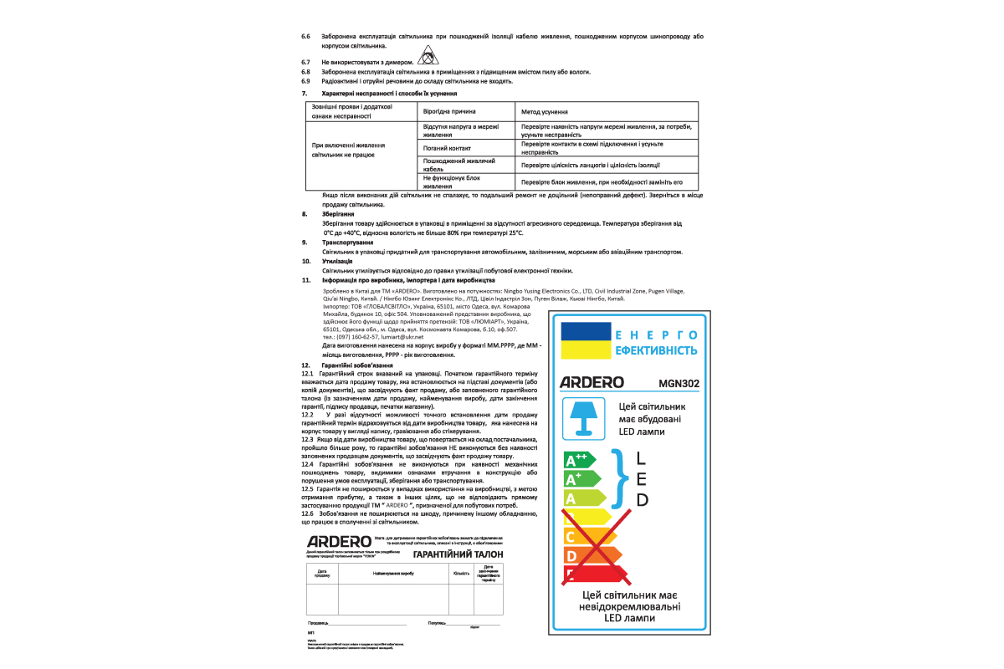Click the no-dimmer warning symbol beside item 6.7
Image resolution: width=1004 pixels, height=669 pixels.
(x=427, y=58)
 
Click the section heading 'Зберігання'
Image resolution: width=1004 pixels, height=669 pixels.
(x=336, y=215)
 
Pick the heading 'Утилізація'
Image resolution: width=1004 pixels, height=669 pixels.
(x=337, y=262)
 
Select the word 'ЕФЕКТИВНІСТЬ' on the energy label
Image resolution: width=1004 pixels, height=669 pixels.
(x=657, y=350)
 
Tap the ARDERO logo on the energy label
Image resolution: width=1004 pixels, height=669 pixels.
(x=592, y=382)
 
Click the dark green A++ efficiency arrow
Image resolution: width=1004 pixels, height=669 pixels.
(x=580, y=460)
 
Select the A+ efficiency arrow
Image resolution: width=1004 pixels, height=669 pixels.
(x=583, y=479)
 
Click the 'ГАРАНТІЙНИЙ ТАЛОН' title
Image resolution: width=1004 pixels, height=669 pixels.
(x=458, y=554)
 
